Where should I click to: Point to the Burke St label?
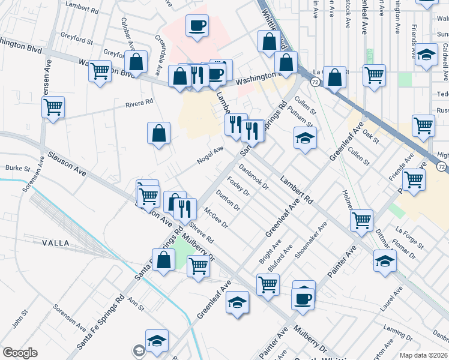tap(17, 169)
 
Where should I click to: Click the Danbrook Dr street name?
tap(253, 177)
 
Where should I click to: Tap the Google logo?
tap(20, 353)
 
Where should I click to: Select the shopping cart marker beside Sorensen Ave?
tap(53, 108)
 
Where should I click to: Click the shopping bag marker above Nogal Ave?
tap(158, 134)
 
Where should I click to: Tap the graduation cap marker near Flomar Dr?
tap(385, 260)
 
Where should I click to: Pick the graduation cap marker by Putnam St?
tap(305, 138)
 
